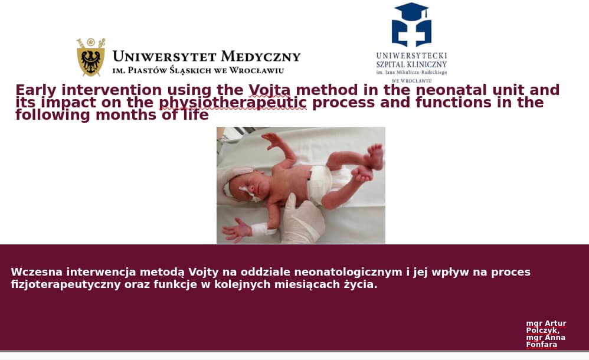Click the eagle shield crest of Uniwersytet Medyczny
91,57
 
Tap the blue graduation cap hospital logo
411,25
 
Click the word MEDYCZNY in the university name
260,57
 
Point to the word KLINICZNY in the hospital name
426,65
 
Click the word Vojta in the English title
269,90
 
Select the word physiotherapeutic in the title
233,103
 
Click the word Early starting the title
35,90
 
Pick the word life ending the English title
196,114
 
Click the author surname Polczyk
542,330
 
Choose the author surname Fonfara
541,345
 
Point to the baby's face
247,187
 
